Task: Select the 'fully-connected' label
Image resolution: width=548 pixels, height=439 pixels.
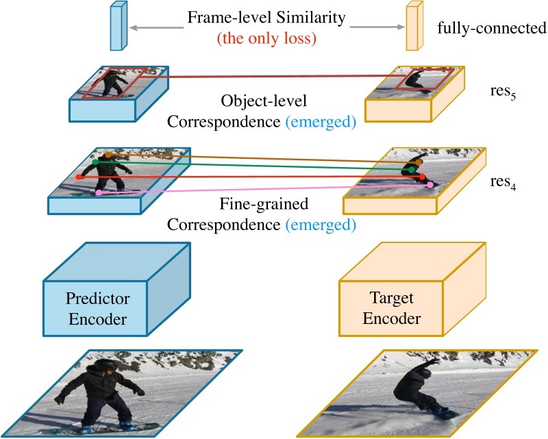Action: tap(491, 29)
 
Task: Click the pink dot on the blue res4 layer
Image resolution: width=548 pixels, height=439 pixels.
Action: tap(99, 194)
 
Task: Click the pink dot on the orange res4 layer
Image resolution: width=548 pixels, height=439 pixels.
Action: tap(429, 185)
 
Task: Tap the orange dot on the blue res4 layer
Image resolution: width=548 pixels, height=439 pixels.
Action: tap(108, 154)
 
